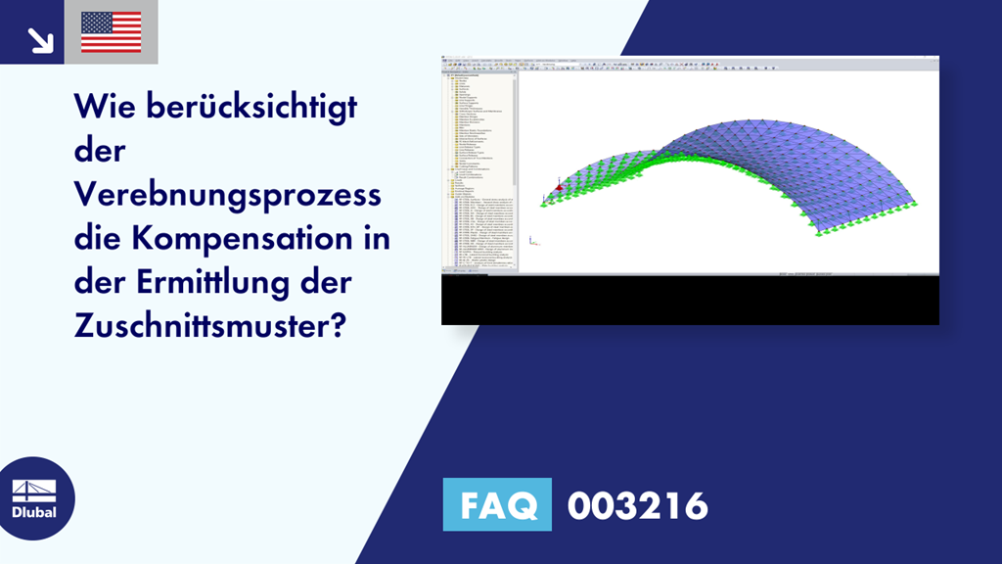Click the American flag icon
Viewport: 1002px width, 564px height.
(x=111, y=32)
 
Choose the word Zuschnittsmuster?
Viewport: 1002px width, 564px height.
(x=210, y=326)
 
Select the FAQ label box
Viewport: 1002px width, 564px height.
(x=497, y=505)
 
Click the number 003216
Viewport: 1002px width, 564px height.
(x=637, y=505)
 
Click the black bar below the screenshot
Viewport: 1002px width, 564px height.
(x=690, y=300)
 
